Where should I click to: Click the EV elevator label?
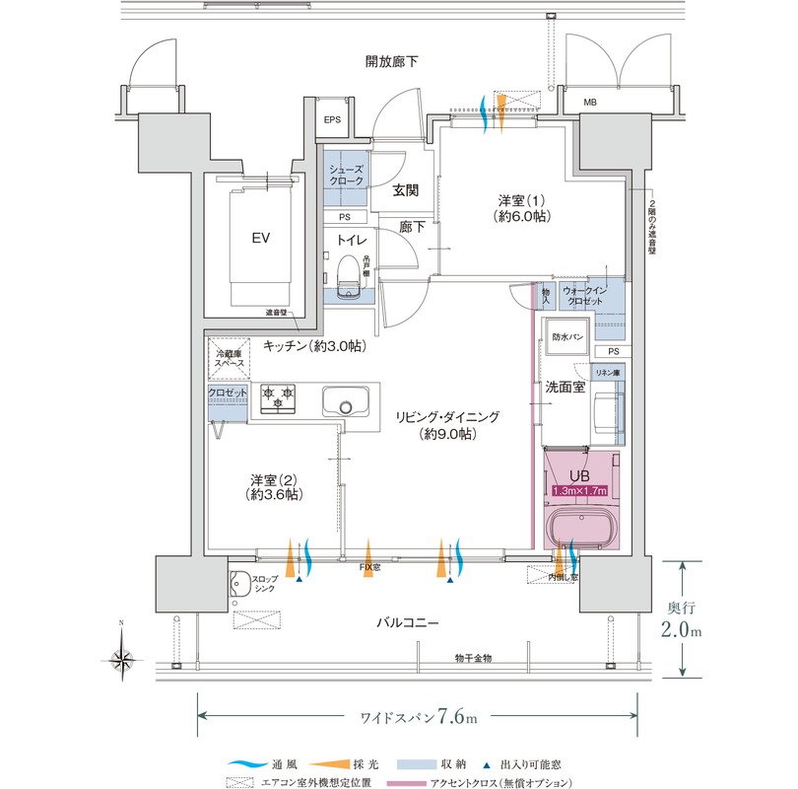261,239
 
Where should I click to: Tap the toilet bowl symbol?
346,274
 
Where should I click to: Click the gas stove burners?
278,397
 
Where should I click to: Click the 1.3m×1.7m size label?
580,490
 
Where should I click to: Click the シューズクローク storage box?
346,178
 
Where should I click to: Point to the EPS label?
333,120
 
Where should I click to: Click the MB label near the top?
589,103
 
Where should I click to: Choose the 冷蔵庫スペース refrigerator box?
228,359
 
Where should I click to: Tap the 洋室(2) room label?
268,486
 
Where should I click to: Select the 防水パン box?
566,336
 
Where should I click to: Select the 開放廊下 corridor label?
391,62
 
